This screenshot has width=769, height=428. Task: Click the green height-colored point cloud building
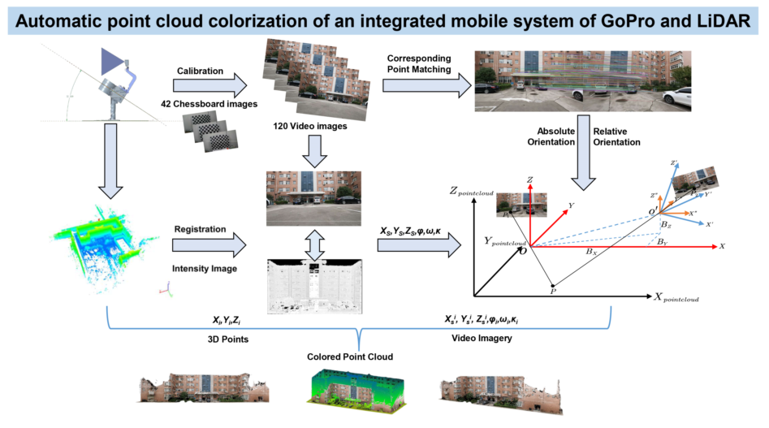click(349, 387)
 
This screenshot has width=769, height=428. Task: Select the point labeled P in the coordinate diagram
click(553, 289)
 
